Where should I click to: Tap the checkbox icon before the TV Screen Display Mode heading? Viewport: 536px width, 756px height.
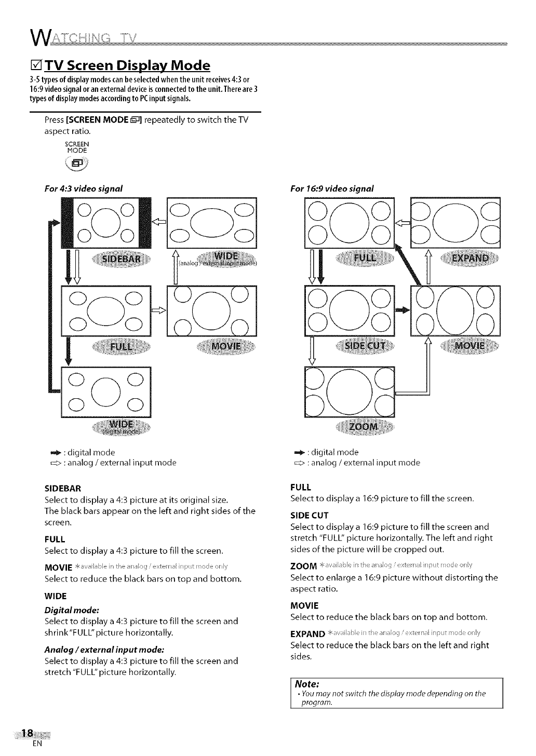click(36, 66)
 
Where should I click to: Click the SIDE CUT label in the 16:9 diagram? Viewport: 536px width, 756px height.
click(366, 346)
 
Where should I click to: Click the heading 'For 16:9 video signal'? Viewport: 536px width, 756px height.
click(332, 188)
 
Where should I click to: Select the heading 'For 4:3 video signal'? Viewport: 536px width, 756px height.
click(84, 188)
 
